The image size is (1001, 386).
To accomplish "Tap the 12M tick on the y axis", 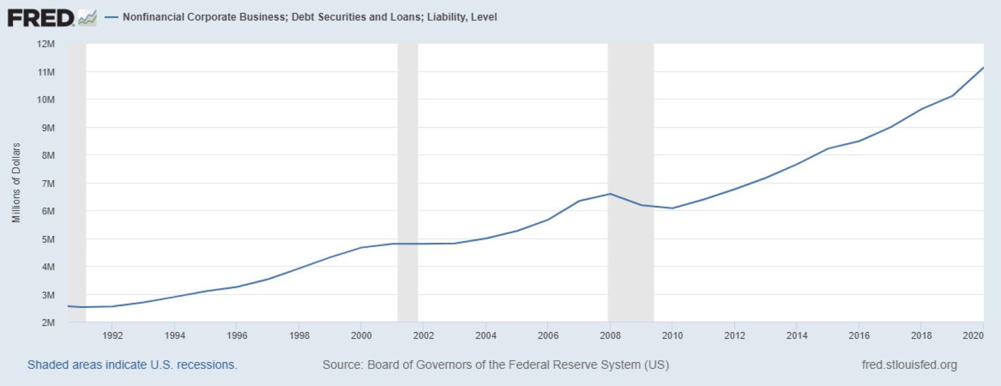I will point(46,44).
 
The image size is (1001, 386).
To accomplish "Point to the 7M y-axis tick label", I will point(46,184).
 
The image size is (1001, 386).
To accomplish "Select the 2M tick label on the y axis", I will point(46,323).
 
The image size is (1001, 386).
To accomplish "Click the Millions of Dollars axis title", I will point(16,182).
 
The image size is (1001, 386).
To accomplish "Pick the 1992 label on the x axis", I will point(113,336).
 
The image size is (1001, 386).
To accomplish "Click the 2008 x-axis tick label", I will point(610,336).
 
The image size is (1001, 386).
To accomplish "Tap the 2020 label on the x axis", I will point(973,336).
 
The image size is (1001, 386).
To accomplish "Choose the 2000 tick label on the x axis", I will point(361,336).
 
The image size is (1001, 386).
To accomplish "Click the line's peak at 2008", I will point(610,194).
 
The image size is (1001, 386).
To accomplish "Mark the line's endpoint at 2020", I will point(983,68).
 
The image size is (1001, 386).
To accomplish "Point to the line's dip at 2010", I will point(672,208).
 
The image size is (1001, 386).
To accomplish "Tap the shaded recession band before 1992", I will point(77,176).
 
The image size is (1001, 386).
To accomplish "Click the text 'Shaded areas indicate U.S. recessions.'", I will point(132,365).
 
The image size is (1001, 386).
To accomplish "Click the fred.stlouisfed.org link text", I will point(909,365).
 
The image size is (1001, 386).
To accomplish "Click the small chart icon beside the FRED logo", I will point(87,18).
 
